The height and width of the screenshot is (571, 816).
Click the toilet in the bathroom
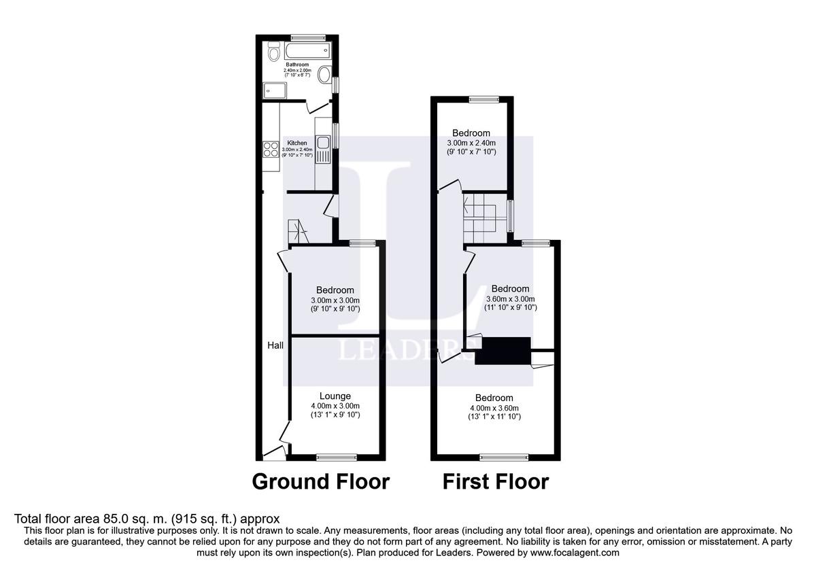tap(274, 51)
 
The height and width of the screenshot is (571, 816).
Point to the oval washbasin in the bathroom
tap(326, 75)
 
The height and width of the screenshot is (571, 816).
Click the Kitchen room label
tap(297, 143)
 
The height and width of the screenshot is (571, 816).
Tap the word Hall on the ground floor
tap(275, 345)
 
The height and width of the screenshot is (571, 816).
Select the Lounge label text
tap(335, 396)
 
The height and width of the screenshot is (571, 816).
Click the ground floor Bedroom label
tap(335, 290)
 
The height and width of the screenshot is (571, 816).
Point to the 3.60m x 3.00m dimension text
tap(511, 299)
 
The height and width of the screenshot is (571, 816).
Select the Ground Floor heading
tap(321, 482)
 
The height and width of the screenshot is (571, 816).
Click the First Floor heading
tap(496, 482)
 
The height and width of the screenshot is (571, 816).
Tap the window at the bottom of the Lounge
tap(336, 457)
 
